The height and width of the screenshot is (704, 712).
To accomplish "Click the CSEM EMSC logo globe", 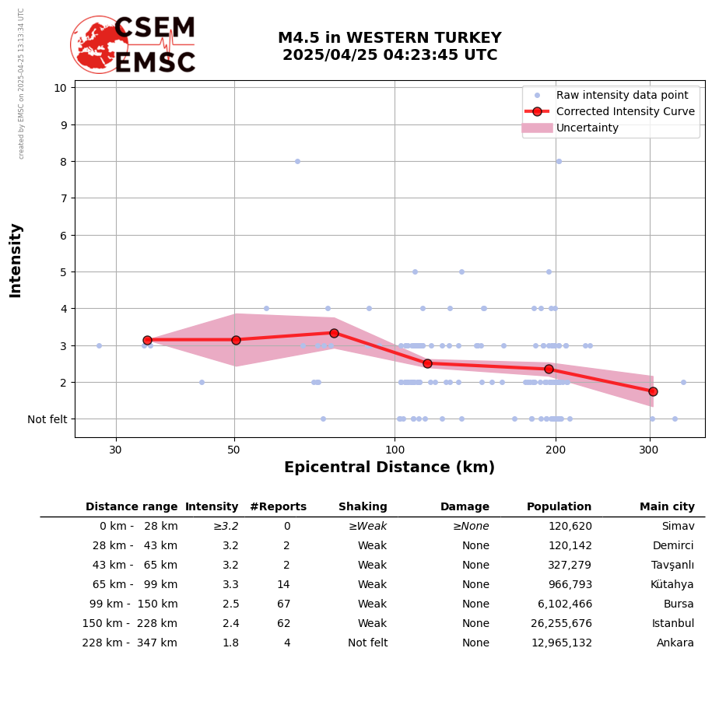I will (99, 44).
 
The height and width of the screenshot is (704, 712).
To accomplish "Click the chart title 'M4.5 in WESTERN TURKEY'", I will (389, 38).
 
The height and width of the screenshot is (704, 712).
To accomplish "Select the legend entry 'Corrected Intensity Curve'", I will (625, 111).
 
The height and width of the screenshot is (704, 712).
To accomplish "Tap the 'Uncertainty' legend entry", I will (587, 128).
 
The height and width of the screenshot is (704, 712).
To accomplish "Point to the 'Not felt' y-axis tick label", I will (47, 419).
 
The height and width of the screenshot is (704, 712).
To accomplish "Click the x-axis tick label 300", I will (650, 450).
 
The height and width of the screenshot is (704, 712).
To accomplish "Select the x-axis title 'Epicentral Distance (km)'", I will (389, 468).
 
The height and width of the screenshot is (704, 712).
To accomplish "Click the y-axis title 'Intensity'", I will (16, 260).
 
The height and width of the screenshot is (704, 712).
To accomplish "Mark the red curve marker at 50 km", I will (236, 340).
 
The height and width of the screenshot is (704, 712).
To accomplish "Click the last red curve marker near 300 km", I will (653, 391).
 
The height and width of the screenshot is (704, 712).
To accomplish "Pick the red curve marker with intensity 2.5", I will (427, 363).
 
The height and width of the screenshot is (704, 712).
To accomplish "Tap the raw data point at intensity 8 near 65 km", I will (297, 162).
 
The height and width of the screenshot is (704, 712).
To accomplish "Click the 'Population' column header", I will (559, 507).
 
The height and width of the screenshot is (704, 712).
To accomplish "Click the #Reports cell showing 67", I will (283, 604).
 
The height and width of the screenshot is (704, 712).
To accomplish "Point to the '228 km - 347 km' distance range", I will (130, 643).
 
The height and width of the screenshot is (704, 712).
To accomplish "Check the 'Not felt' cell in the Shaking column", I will (367, 643).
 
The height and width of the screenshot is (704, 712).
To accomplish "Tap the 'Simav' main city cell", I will (678, 527).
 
